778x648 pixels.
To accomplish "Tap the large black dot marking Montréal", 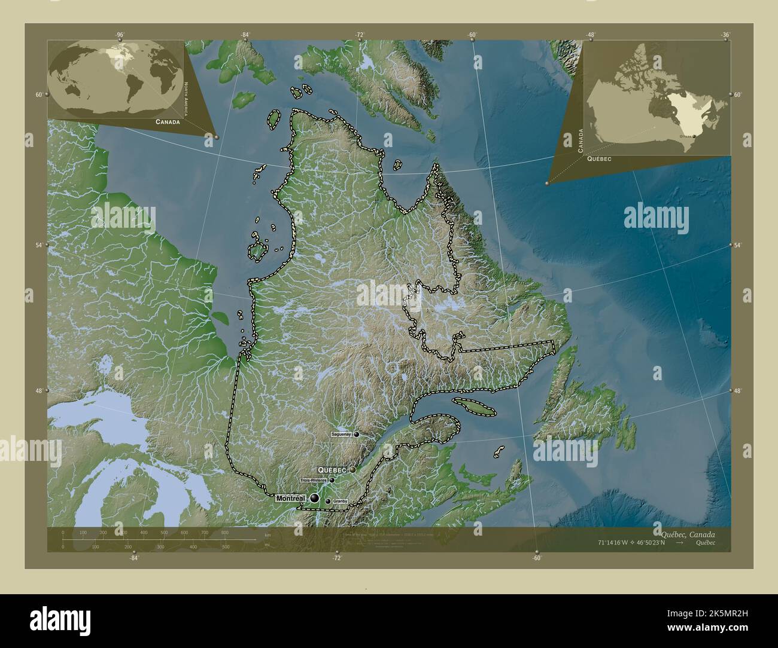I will click(314, 498).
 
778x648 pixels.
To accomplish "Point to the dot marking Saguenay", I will click(356, 434).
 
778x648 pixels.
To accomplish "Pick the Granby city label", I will click(340, 502).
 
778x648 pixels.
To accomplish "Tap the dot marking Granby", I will click(328, 502).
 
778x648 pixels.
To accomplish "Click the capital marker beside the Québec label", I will click(353, 470).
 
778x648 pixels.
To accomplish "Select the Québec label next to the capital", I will click(333, 470).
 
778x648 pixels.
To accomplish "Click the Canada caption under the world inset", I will click(167, 121).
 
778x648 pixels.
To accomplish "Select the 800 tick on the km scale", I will click(224, 532).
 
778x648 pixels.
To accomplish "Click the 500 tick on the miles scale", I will click(226, 546).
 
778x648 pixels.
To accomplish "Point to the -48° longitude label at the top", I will click(591, 35).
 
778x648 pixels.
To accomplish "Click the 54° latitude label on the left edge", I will click(38, 245).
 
